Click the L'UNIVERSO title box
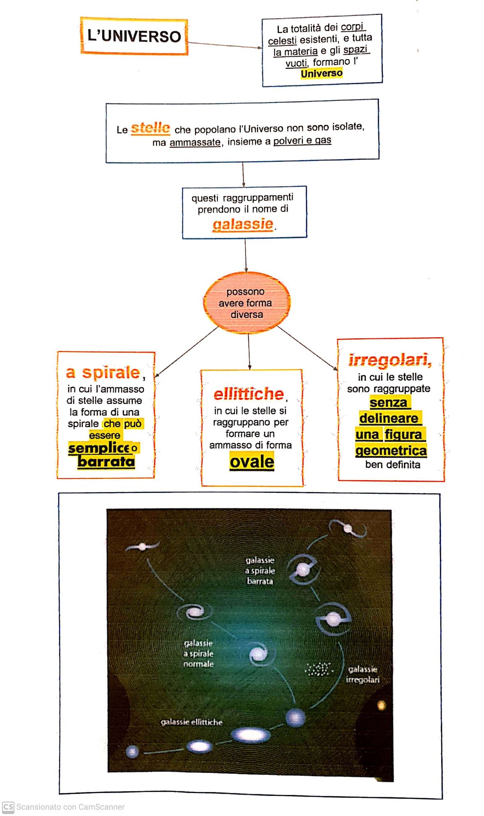click(134, 36)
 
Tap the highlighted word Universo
click(321, 74)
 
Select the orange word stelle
click(150, 128)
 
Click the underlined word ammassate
click(195, 142)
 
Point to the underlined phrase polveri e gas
click(302, 141)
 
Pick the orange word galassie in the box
click(243, 224)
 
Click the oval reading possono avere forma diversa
click(247, 303)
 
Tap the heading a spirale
click(103, 372)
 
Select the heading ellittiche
click(249, 394)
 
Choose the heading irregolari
click(390, 360)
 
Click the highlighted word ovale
click(251, 461)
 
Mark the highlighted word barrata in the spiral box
click(106, 461)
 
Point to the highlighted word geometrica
click(391, 451)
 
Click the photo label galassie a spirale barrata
click(260, 570)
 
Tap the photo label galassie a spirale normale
click(198, 653)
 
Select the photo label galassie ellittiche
click(191, 722)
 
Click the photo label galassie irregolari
click(362, 675)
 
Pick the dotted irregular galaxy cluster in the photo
click(319, 669)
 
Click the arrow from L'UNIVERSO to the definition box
click(224, 45)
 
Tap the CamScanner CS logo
click(8, 807)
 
